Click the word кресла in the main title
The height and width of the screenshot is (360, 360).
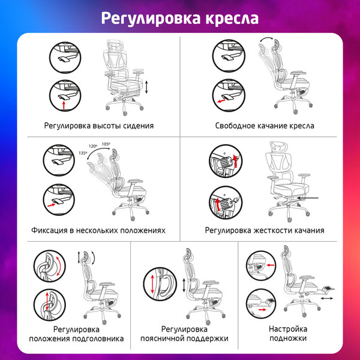[x=232, y=17]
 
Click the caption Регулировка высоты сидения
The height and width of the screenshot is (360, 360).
[x=98, y=126]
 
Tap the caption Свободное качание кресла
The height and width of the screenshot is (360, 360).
[x=264, y=126]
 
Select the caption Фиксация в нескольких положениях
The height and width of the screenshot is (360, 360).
[x=98, y=230]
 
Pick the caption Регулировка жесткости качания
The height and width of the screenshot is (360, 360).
[x=264, y=230]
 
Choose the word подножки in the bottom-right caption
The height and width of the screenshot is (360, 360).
[x=288, y=339]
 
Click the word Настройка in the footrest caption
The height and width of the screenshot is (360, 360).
[x=288, y=329]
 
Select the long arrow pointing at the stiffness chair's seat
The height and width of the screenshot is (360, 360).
[x=306, y=198]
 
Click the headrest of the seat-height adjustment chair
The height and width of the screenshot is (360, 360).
[x=115, y=46]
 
